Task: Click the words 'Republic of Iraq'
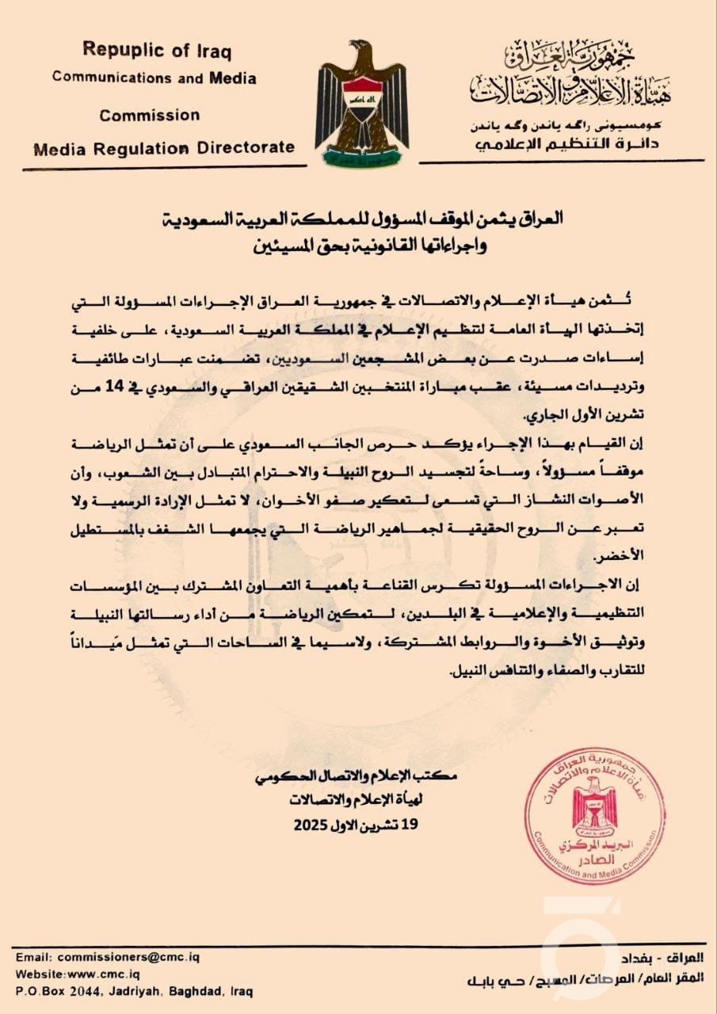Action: (x=158, y=51)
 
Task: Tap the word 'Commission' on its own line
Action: (x=150, y=115)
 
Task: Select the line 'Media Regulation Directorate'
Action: (x=163, y=147)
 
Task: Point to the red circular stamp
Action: (x=594, y=815)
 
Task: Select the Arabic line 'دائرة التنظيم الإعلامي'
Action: (x=568, y=143)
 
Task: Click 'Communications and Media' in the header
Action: (x=154, y=78)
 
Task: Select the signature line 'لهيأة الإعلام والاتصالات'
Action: (x=356, y=801)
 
